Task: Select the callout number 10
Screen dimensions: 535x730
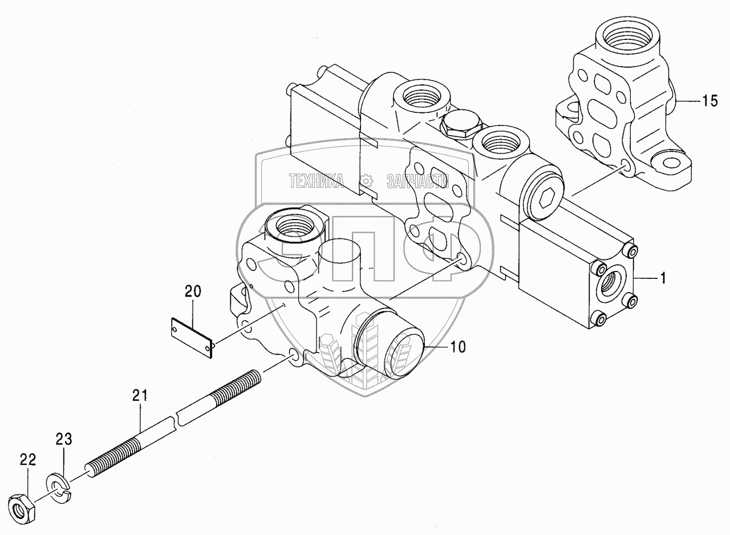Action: point(457,346)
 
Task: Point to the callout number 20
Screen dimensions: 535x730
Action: point(193,291)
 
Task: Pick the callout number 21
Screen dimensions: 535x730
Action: point(140,394)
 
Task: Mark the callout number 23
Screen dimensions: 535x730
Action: point(64,439)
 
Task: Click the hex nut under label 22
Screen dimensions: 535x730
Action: point(22,505)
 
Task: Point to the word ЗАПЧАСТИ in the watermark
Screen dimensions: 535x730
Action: point(418,181)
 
